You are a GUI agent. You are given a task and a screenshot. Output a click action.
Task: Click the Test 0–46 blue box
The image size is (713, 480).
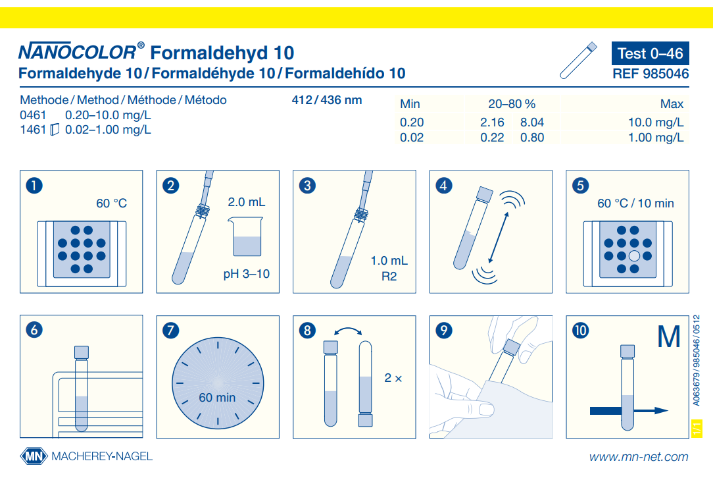(651, 53)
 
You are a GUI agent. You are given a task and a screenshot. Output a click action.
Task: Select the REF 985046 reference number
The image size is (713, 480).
(651, 74)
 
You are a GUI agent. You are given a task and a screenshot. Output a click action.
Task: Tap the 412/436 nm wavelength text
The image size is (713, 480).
(326, 101)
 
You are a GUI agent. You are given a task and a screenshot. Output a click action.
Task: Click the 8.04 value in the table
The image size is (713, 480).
(531, 122)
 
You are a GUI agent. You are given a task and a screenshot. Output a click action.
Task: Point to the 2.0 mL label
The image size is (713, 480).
(247, 202)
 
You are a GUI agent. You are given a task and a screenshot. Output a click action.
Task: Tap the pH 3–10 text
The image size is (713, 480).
(247, 274)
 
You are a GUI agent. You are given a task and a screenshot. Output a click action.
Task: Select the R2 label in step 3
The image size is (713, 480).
(389, 277)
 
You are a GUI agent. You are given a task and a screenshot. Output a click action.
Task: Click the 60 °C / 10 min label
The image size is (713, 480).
(635, 203)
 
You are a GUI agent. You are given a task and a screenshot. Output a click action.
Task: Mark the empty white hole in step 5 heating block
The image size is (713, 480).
(634, 255)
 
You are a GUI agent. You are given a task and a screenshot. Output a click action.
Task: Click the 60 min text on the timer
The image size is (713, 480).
(217, 398)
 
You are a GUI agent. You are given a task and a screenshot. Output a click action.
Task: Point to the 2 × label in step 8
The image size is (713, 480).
(393, 379)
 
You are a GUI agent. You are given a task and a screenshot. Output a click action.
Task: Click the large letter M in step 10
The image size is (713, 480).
(669, 337)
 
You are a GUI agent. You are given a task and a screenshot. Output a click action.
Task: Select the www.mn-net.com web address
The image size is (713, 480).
(638, 457)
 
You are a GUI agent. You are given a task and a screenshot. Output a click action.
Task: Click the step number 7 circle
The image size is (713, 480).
(170, 331)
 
